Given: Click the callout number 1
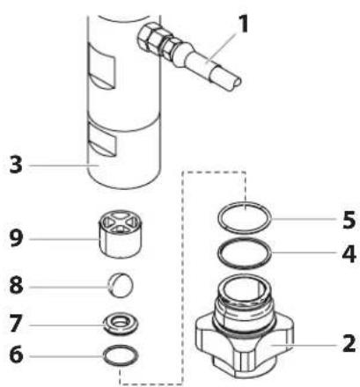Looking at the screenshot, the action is pyautogui.click(x=242, y=24).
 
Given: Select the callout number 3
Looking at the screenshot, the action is pyautogui.click(x=16, y=164).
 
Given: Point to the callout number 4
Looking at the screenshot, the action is pyautogui.click(x=349, y=253).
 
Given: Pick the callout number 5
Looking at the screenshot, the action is pyautogui.click(x=349, y=220).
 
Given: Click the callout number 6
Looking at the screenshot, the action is pyautogui.click(x=16, y=354).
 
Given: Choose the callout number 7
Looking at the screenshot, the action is pyautogui.click(x=16, y=324).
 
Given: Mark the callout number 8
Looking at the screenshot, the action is pyautogui.click(x=16, y=285).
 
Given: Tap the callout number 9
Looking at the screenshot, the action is pyautogui.click(x=16, y=237).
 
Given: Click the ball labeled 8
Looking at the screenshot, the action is pyautogui.click(x=121, y=285).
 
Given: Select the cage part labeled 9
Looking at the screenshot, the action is pyautogui.click(x=120, y=234).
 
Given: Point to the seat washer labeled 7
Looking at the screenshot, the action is pyautogui.click(x=121, y=325).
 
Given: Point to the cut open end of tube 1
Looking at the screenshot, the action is pyautogui.click(x=236, y=83).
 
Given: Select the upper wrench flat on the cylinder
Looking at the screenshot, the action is pyautogui.click(x=102, y=68).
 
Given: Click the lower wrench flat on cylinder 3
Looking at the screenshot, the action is pyautogui.click(x=102, y=139).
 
